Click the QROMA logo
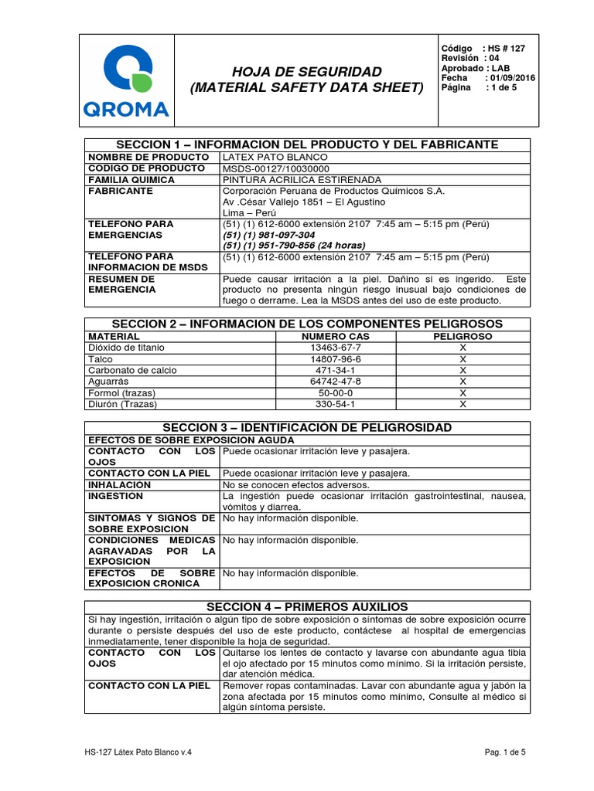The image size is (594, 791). [125, 81]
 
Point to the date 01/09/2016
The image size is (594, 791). [510, 78]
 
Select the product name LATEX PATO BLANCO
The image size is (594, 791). [269, 157]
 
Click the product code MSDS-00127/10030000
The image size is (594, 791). [276, 168]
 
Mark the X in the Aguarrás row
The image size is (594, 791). [463, 382]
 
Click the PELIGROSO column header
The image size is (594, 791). [463, 337]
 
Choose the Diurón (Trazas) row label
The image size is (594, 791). [122, 404]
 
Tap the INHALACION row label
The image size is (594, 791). [120, 484]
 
